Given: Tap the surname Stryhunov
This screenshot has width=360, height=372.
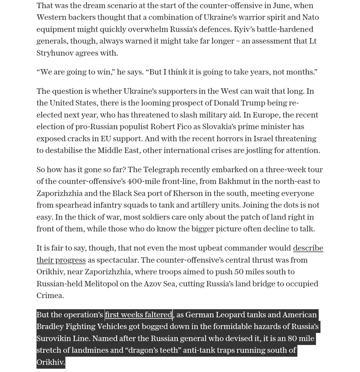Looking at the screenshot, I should [62, 53].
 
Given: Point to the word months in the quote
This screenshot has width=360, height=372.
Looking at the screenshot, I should [301, 72].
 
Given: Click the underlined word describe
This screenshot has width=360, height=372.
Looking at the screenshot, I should [308, 248].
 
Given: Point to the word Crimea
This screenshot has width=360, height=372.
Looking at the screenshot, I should [50, 295].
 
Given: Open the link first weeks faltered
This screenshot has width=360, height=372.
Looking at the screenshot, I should [138, 315].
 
